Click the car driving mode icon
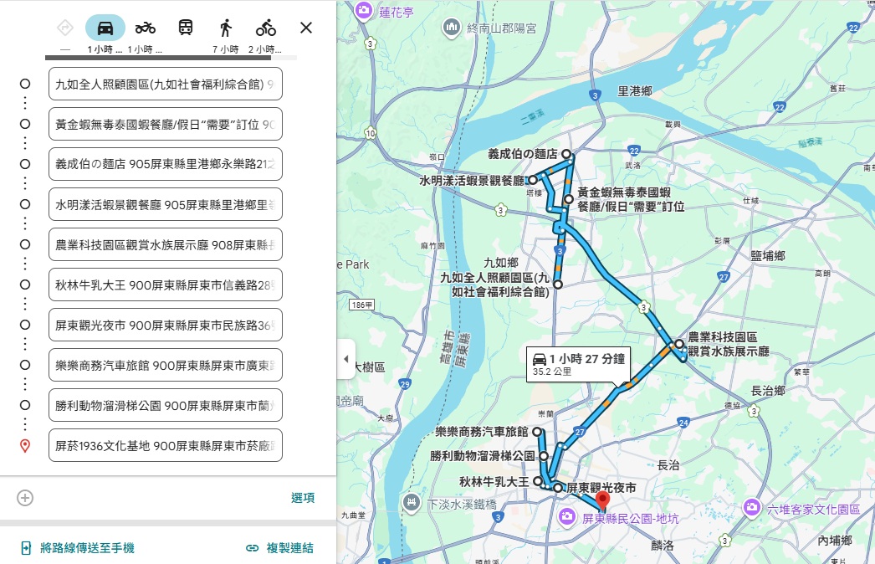point(105,28)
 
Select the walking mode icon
point(225,28)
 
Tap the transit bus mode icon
point(185,28)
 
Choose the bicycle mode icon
point(266,28)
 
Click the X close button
point(306,28)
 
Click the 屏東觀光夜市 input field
point(166,325)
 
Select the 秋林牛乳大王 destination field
point(166,285)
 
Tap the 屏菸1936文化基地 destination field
point(166,445)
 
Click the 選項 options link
point(303,498)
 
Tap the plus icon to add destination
point(25,498)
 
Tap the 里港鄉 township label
point(634,90)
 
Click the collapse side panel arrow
point(346,359)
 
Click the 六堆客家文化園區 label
point(812,509)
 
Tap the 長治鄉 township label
point(767,390)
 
